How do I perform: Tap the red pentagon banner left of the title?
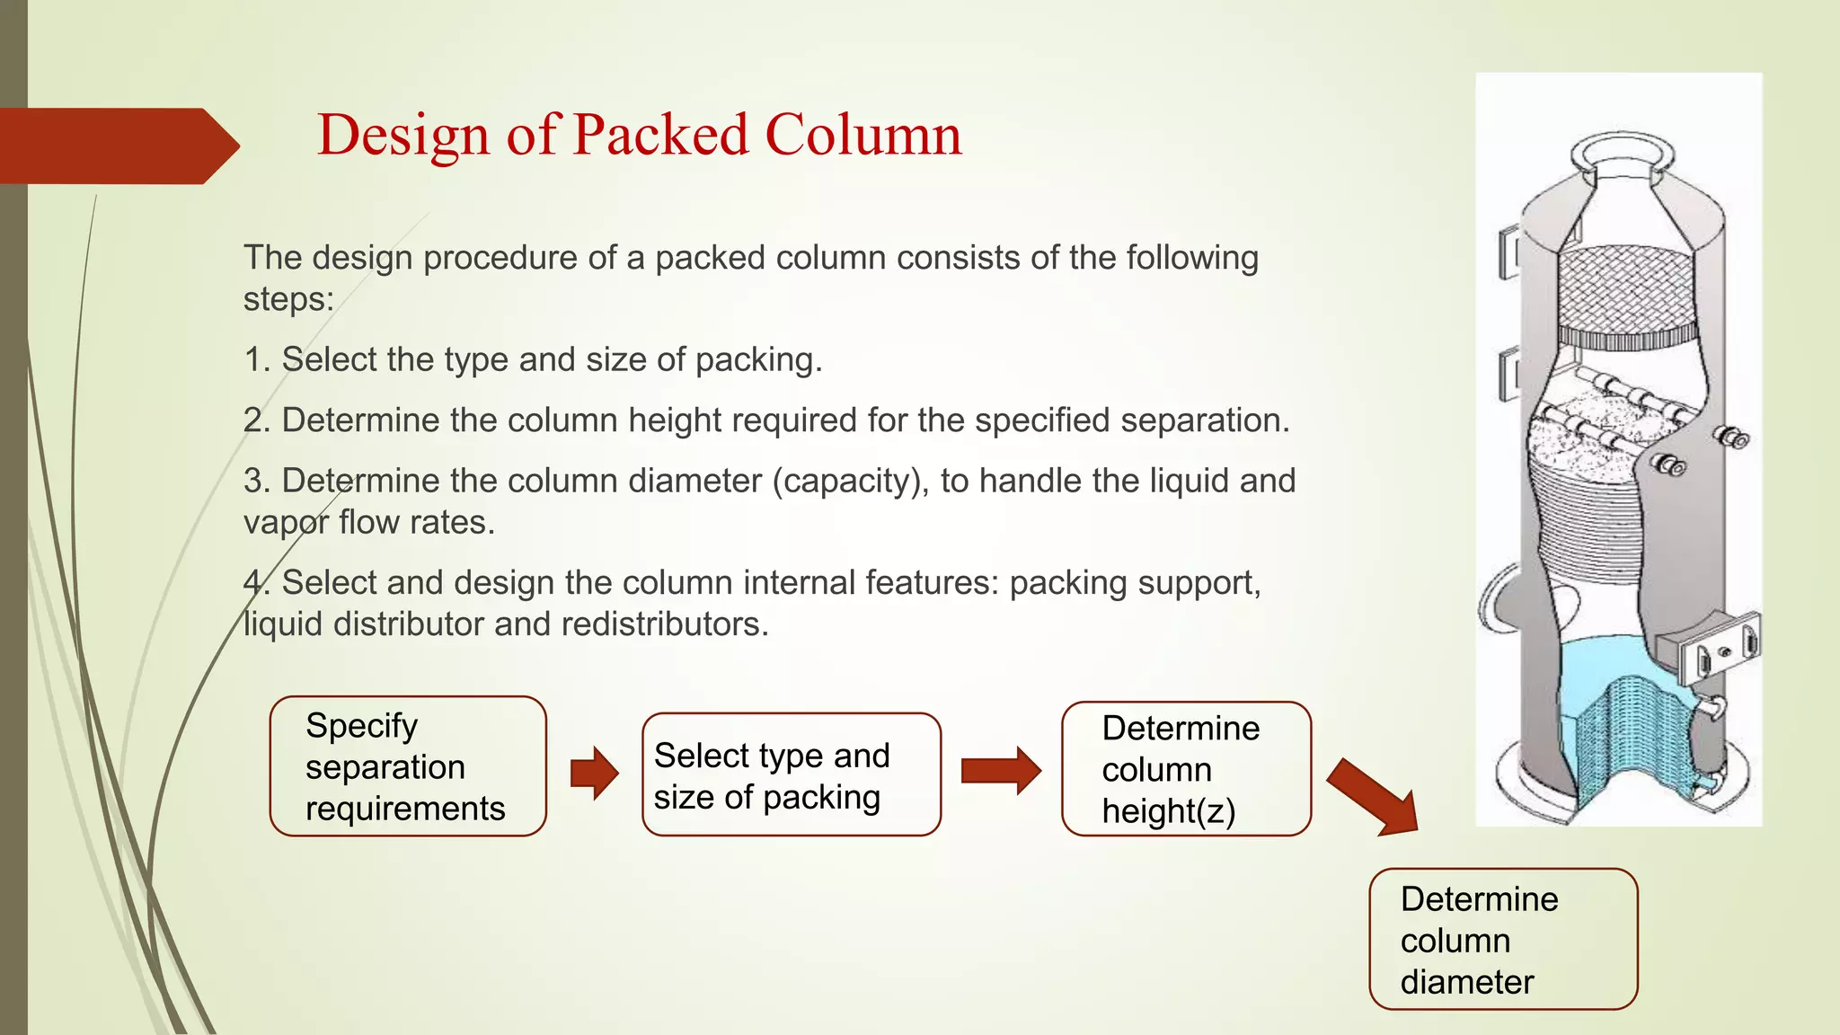coord(112,146)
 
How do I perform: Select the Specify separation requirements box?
coord(408,766)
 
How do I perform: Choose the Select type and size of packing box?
coord(791,774)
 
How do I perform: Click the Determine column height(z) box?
coord(1186,769)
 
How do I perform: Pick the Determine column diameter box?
coord(1503,939)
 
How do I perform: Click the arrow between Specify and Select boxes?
coord(594,772)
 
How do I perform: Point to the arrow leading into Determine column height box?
coord(1000,770)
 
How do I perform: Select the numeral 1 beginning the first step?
coord(254,359)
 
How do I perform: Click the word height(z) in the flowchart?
coord(1168,811)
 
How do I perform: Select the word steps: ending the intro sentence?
coord(288,299)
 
